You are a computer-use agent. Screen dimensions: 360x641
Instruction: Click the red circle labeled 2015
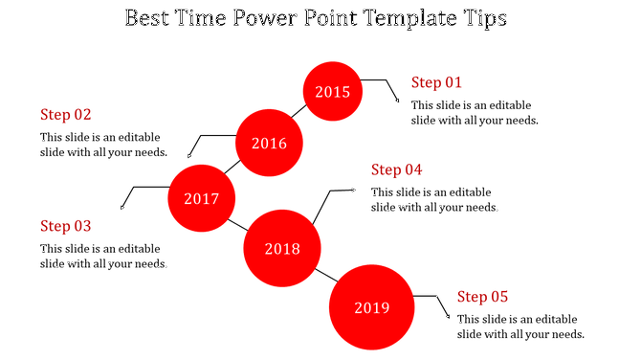(x=333, y=92)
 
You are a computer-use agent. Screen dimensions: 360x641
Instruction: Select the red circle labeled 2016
(x=269, y=144)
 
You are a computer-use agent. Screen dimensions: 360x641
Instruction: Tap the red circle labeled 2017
(x=201, y=199)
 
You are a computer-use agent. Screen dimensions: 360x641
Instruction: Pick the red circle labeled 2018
(x=282, y=249)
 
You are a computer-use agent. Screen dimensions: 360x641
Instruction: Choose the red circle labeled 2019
(x=371, y=307)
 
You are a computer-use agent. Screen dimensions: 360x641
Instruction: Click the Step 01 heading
(x=436, y=82)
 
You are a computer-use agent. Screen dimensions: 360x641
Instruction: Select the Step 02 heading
(x=65, y=114)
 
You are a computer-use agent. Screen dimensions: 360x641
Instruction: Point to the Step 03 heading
(x=65, y=226)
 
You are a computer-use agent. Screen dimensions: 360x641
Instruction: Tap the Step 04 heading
(x=396, y=169)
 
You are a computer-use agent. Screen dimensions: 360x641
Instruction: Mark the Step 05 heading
(x=482, y=297)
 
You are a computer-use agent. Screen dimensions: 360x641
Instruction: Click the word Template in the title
(x=411, y=19)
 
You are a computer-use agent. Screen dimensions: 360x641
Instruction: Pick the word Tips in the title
(x=489, y=19)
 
